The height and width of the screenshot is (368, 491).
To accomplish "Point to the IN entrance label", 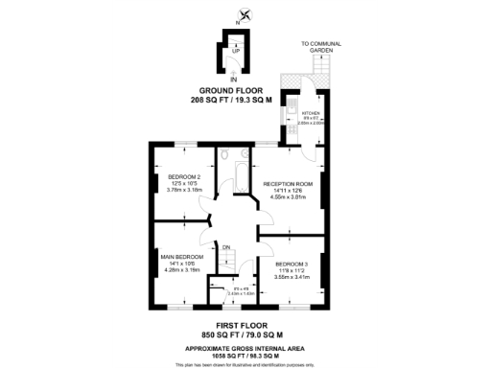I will (x=233, y=79).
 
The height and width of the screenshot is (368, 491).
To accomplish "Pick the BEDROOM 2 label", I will (x=184, y=177).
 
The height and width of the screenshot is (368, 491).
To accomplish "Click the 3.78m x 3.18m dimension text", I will (x=185, y=190).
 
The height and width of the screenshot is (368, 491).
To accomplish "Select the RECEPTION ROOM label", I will (x=289, y=183).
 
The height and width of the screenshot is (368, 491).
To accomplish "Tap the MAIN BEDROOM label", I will (x=182, y=257).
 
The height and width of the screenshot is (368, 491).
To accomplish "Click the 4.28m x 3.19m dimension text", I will (x=182, y=270).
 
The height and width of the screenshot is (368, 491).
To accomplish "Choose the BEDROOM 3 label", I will (x=292, y=264).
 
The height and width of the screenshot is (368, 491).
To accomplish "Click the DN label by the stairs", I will (x=227, y=248).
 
